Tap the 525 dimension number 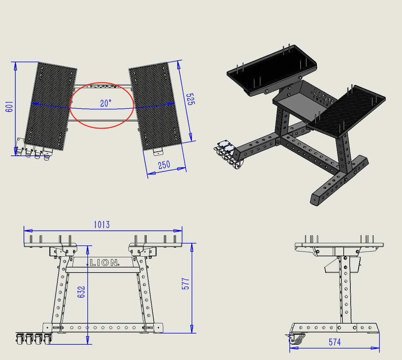(190, 99)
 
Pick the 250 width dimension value (164, 165)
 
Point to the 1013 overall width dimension (101, 225)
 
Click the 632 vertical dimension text (81, 292)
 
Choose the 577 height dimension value (186, 284)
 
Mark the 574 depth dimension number (334, 342)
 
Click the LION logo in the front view (104, 263)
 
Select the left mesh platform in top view (51, 106)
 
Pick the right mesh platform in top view (156, 106)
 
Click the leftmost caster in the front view (19, 339)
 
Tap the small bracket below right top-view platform (158, 152)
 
